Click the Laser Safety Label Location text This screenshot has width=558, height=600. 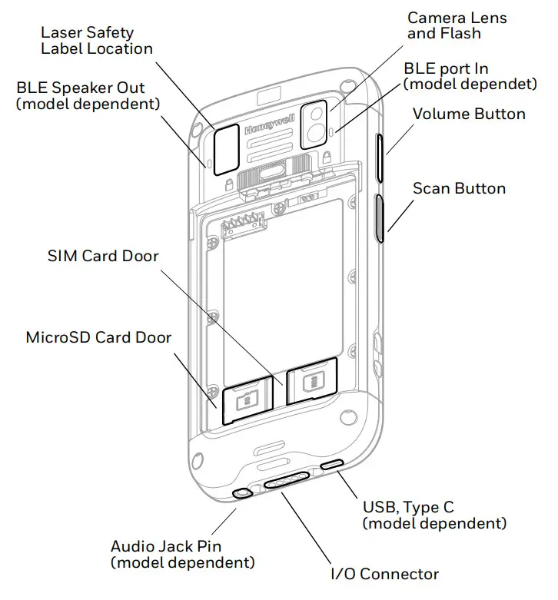tap(96, 41)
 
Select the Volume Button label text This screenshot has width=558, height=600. tap(469, 114)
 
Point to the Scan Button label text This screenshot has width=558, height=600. tap(459, 189)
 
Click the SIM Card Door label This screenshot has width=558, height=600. tap(103, 256)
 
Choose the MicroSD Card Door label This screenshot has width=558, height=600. tap(98, 337)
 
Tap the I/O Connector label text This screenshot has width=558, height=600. tap(384, 574)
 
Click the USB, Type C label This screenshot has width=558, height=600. tap(434, 515)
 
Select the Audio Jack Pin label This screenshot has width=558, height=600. tap(182, 555)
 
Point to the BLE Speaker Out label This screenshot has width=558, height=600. tap(88, 95)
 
